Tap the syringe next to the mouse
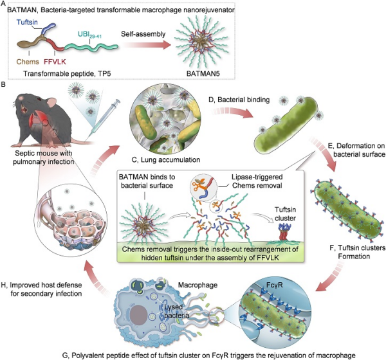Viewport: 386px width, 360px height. tap(107, 113)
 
